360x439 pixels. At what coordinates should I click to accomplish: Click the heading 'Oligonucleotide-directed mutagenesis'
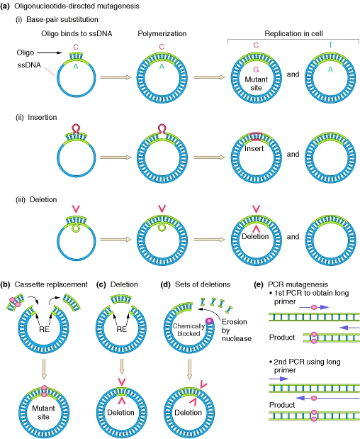[77, 6]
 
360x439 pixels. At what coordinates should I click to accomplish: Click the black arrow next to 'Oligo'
[50, 52]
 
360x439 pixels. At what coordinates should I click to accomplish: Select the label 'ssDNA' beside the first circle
[29, 65]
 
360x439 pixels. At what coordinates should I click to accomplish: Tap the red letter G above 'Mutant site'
[256, 70]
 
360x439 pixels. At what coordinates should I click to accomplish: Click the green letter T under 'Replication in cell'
[331, 45]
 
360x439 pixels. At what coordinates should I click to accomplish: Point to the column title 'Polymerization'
[162, 33]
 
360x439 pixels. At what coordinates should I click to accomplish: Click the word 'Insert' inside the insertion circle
[254, 148]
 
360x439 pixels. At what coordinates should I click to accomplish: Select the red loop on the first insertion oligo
[77, 128]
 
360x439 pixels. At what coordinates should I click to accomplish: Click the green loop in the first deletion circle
[76, 228]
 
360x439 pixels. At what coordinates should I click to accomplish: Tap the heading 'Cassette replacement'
[51, 284]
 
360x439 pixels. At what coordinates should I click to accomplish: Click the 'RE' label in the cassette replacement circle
[44, 329]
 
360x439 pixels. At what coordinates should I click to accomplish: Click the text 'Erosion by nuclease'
[237, 330]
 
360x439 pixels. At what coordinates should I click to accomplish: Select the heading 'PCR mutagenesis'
[298, 284]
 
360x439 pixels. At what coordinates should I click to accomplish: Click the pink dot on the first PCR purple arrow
[313, 307]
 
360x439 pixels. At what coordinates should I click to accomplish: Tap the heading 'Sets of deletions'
[203, 284]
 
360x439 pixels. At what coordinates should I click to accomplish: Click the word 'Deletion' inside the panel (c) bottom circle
[121, 412]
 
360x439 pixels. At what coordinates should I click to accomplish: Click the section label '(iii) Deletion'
[36, 199]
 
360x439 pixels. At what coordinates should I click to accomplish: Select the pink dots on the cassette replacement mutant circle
[44, 391]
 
